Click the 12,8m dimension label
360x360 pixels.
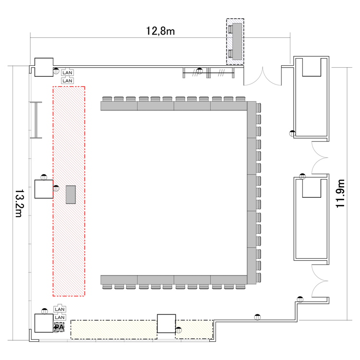pyautogui.click(x=160, y=31)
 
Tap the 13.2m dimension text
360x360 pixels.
pyautogui.click(x=19, y=203)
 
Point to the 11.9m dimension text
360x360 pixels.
pyautogui.click(x=340, y=193)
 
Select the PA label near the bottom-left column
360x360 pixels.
pyautogui.click(x=59, y=327)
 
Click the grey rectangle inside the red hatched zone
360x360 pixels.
pyautogui.click(x=71, y=194)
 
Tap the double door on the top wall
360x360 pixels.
pyautogui.click(x=263, y=76)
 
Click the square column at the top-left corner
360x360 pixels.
pyautogui.click(x=44, y=67)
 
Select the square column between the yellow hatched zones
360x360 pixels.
pyautogui.click(x=167, y=324)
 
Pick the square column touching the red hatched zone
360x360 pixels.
pyautogui.click(x=44, y=189)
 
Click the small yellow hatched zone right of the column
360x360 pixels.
pyautogui.click(x=194, y=329)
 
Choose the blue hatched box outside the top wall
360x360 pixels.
pyautogui.click(x=235, y=42)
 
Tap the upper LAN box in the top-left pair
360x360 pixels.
pyautogui.click(x=67, y=72)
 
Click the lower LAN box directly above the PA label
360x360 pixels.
pyautogui.click(x=60, y=317)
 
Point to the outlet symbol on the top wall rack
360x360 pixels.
pyautogui.click(x=200, y=71)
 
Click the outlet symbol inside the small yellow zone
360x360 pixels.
pyautogui.click(x=179, y=330)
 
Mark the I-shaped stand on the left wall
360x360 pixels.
pyautogui.click(x=36, y=120)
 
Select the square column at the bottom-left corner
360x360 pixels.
pyautogui.click(x=44, y=323)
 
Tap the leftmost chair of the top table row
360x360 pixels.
pyautogui.click(x=107, y=99)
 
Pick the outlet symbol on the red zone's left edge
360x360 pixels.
pyautogui.click(x=56, y=188)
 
